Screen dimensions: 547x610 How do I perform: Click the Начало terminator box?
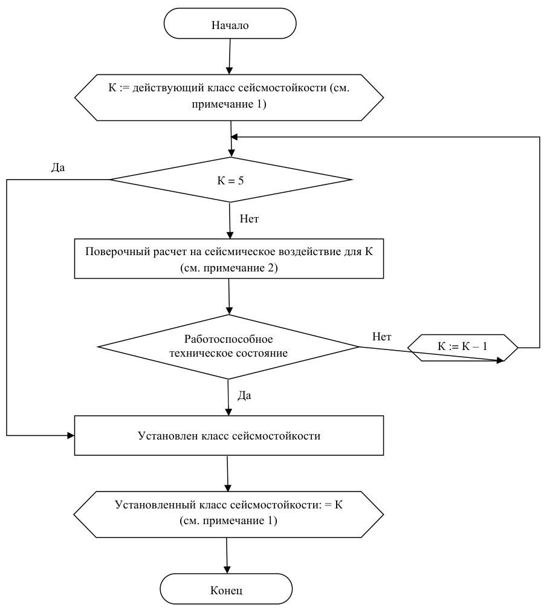(x=230, y=24)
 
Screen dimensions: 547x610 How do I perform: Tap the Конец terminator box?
(x=226, y=589)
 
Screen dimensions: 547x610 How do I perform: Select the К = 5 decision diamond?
(x=231, y=180)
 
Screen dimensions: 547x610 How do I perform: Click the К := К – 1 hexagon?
(x=462, y=348)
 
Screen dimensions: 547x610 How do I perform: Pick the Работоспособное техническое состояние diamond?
(x=228, y=346)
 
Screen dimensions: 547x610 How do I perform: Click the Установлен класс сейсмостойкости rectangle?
(x=228, y=435)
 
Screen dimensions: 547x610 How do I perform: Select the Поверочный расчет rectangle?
(x=228, y=259)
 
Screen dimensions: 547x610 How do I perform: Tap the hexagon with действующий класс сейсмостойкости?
(x=228, y=97)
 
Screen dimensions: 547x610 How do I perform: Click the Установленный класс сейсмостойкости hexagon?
(x=228, y=514)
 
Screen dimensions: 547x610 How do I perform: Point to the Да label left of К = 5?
(x=58, y=167)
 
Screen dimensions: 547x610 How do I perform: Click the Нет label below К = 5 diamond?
(x=249, y=219)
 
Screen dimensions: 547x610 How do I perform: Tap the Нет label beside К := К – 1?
(x=381, y=337)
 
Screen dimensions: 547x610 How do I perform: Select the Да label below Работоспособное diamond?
(x=244, y=395)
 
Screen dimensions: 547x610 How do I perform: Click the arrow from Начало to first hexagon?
(x=230, y=56)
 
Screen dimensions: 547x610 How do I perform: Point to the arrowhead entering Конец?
(x=226, y=569)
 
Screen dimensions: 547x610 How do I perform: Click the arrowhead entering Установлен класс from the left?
(x=71, y=435)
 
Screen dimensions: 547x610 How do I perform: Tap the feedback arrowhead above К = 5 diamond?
(x=234, y=137)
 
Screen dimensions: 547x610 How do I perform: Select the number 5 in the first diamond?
(x=241, y=181)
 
